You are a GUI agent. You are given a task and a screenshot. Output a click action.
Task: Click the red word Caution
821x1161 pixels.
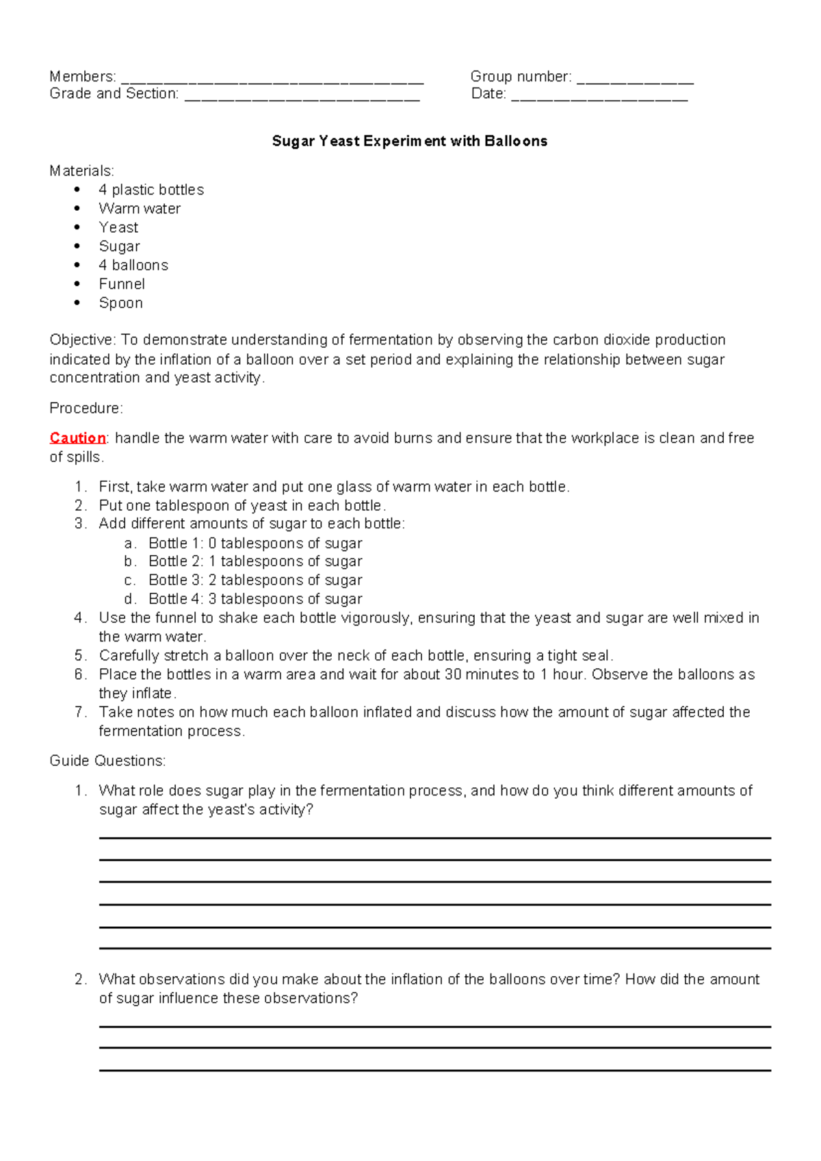pyautogui.click(x=77, y=438)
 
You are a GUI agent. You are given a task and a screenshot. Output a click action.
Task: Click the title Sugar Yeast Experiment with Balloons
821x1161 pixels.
pyautogui.click(x=409, y=141)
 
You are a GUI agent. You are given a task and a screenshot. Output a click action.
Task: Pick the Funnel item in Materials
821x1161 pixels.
pyautogui.click(x=122, y=284)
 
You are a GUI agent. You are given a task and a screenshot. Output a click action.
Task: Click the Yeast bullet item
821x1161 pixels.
pyautogui.click(x=118, y=227)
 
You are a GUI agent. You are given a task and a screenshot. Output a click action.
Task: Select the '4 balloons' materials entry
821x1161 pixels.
pyautogui.click(x=133, y=265)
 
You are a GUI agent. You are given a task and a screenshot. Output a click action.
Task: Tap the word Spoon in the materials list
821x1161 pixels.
pyautogui.click(x=121, y=303)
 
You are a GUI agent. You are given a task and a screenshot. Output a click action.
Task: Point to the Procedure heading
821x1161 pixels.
pyautogui.click(x=86, y=409)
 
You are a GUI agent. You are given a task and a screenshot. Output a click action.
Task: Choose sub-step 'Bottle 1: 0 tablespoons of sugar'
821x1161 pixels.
pyautogui.click(x=255, y=544)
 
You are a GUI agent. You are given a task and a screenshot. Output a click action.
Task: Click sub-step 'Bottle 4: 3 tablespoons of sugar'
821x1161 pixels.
pyautogui.click(x=255, y=599)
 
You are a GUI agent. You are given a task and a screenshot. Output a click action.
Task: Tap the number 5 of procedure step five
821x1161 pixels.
pyautogui.click(x=79, y=656)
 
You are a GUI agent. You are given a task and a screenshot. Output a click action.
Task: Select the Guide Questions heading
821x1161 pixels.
pyautogui.click(x=107, y=761)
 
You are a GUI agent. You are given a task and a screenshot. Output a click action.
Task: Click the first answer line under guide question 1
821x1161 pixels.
pyautogui.click(x=434, y=837)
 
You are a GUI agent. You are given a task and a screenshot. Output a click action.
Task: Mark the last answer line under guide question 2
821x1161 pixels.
pyautogui.click(x=434, y=1070)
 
